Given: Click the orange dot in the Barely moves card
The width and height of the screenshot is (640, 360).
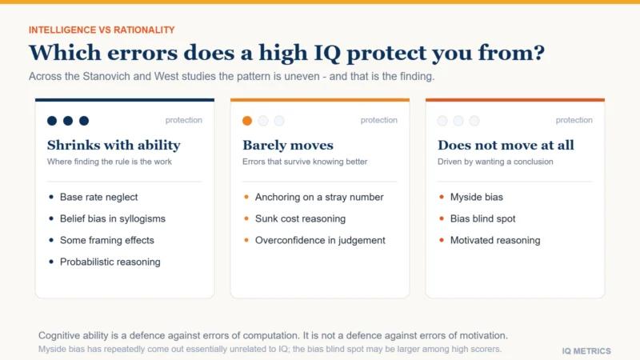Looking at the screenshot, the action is [247, 121].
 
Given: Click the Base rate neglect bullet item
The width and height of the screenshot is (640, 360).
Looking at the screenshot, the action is [98, 197].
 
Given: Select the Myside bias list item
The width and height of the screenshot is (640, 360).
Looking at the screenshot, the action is [476, 197].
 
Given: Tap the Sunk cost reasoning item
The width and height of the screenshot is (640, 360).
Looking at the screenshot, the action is [300, 218].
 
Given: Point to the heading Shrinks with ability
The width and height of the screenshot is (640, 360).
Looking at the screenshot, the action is [114, 146].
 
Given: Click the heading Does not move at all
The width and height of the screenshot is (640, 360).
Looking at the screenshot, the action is [506, 146].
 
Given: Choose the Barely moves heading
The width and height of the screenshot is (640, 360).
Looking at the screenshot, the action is [288, 146].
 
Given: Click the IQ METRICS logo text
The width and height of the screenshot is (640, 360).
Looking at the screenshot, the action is [586, 351].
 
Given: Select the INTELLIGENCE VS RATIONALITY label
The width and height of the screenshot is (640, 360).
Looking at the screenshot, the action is [102, 30].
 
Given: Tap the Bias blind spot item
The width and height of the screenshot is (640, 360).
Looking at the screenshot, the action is [482, 218].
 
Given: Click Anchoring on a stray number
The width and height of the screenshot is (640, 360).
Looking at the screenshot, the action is [319, 197].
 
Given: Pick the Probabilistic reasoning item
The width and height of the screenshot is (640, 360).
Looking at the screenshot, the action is [110, 262].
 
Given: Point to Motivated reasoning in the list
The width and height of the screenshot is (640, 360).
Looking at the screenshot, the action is [495, 241].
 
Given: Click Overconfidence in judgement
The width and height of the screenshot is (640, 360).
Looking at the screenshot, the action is [320, 241].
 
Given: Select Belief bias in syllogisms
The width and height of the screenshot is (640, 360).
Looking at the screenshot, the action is [113, 218].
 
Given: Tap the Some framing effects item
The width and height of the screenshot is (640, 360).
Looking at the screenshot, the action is [107, 241].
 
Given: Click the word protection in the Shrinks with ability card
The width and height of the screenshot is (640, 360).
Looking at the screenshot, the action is [184, 121].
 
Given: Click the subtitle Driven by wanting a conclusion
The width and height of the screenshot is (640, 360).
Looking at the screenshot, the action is [495, 162].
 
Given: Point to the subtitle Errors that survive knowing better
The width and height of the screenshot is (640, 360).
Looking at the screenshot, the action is [305, 162].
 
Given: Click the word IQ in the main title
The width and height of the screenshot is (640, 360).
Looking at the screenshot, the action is [327, 54].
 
